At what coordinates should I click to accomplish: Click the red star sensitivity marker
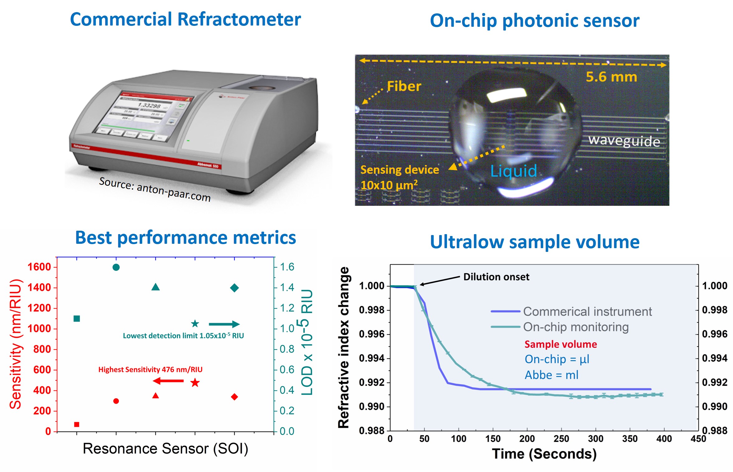click(x=195, y=382)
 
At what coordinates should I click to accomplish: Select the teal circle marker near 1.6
click(x=116, y=267)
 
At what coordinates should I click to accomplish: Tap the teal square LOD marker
click(x=77, y=319)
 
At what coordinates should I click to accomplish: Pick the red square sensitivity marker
click(x=77, y=424)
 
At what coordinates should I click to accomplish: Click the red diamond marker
click(x=234, y=397)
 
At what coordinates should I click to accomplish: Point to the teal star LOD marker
click(x=195, y=324)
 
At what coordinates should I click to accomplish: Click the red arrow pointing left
click(x=168, y=381)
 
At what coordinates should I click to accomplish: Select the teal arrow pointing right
click(x=224, y=324)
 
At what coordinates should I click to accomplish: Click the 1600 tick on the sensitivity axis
click(x=39, y=267)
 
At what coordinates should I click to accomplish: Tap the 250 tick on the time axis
click(x=561, y=439)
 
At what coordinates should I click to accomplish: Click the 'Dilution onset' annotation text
click(x=496, y=277)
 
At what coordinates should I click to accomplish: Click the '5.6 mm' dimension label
click(x=611, y=77)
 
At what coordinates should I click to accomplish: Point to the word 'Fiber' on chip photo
click(x=404, y=86)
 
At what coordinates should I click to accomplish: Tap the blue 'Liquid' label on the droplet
click(x=514, y=171)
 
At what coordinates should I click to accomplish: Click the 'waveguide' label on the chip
click(x=624, y=141)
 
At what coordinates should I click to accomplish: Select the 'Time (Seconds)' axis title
click(x=544, y=454)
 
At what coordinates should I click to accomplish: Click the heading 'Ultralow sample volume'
click(x=534, y=242)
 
